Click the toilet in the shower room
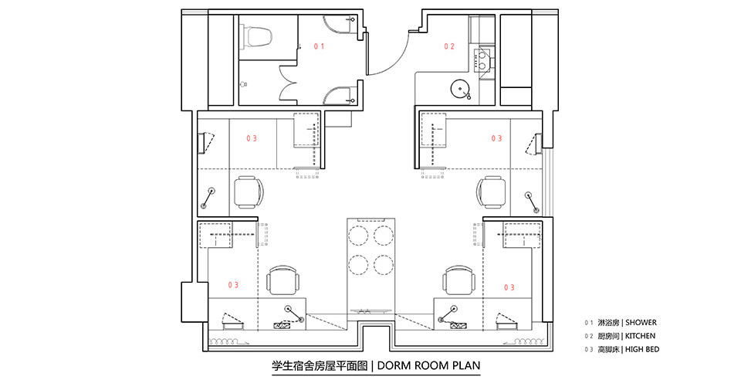(x=257, y=38)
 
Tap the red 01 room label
(x=320, y=46)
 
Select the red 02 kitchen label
(x=449, y=46)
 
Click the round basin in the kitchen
(x=459, y=89)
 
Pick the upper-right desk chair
(x=492, y=192)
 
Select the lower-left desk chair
(x=284, y=280)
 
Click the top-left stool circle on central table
(x=358, y=235)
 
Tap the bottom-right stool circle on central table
(x=384, y=264)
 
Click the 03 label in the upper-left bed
(x=252, y=138)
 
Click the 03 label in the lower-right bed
(x=509, y=287)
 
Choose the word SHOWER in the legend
(x=641, y=323)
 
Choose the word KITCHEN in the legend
(x=641, y=336)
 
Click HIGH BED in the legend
(x=642, y=350)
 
